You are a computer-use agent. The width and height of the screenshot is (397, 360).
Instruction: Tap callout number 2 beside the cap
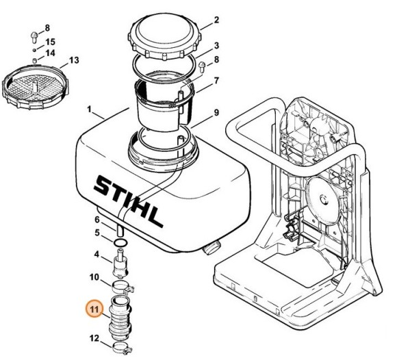pos(216,20)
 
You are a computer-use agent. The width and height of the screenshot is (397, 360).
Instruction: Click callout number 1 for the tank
pos(89,110)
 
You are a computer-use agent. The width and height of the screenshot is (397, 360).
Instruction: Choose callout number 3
pos(216,45)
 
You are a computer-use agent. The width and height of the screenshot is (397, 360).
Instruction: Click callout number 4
pos(97,255)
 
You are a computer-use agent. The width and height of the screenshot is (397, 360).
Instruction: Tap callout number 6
pos(97,219)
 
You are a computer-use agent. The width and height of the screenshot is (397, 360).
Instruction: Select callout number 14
pos(50,53)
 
